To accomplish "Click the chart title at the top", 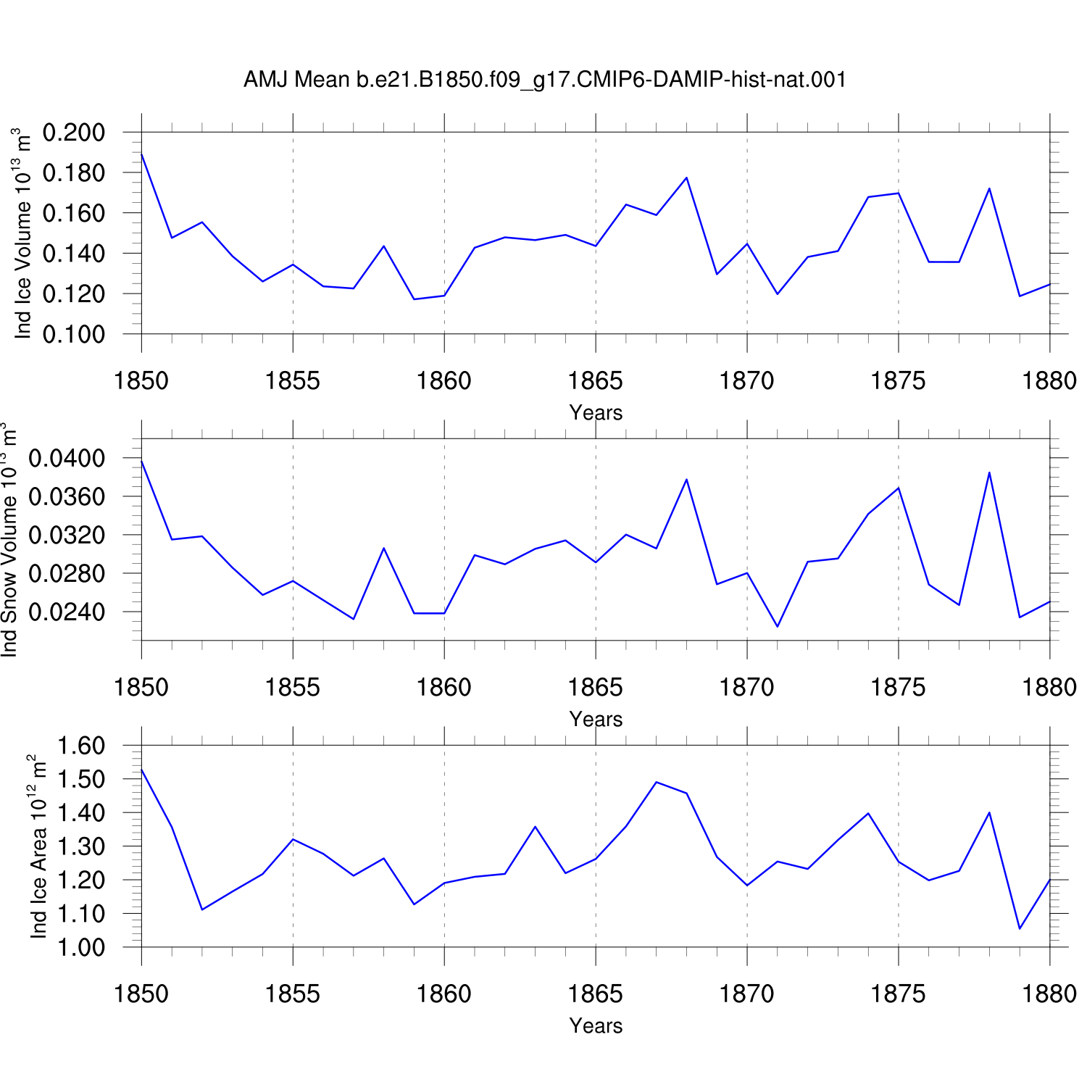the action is [545, 79].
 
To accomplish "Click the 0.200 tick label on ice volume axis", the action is [74, 133].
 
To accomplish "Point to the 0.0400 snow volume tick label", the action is [67, 458].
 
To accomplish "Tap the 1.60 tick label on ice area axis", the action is [81, 746].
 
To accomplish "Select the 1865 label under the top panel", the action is [596, 380].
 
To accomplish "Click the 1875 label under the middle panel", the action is [899, 687].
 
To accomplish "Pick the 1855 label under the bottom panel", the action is [293, 994].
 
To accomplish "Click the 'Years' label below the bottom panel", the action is [596, 1025].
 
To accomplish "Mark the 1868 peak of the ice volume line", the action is [686, 178].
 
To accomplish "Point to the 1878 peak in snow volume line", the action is [989, 472].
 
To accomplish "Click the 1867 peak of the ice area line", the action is [656, 782].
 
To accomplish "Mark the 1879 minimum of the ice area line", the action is [1020, 928].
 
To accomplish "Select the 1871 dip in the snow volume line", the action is [778, 627].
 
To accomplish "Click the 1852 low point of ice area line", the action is [202, 909].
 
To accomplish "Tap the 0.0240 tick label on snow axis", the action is [67, 612].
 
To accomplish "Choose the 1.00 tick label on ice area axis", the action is [81, 947].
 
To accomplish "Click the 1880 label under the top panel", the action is [1050, 380].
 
